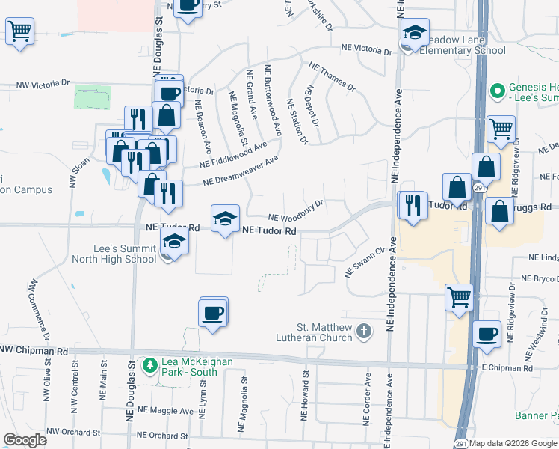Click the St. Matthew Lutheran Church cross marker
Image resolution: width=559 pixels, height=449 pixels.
coord(364,331)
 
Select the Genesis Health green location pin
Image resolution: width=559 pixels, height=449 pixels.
coord(495,92)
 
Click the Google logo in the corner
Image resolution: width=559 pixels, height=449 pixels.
coord(25,439)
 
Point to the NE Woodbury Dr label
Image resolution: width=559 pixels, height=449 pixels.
coord(295,209)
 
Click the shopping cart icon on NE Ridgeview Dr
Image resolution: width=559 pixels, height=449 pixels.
coord(501,128)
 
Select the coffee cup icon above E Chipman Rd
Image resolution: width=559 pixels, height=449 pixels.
coord(487,334)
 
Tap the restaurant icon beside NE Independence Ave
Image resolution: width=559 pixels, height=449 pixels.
coord(413,204)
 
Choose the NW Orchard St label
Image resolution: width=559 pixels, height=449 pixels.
coord(73,433)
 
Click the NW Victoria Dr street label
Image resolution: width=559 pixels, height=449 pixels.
coord(45,83)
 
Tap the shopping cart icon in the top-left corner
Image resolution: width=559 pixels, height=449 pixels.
coord(19,32)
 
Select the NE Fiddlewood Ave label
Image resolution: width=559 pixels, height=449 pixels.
coord(233,155)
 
